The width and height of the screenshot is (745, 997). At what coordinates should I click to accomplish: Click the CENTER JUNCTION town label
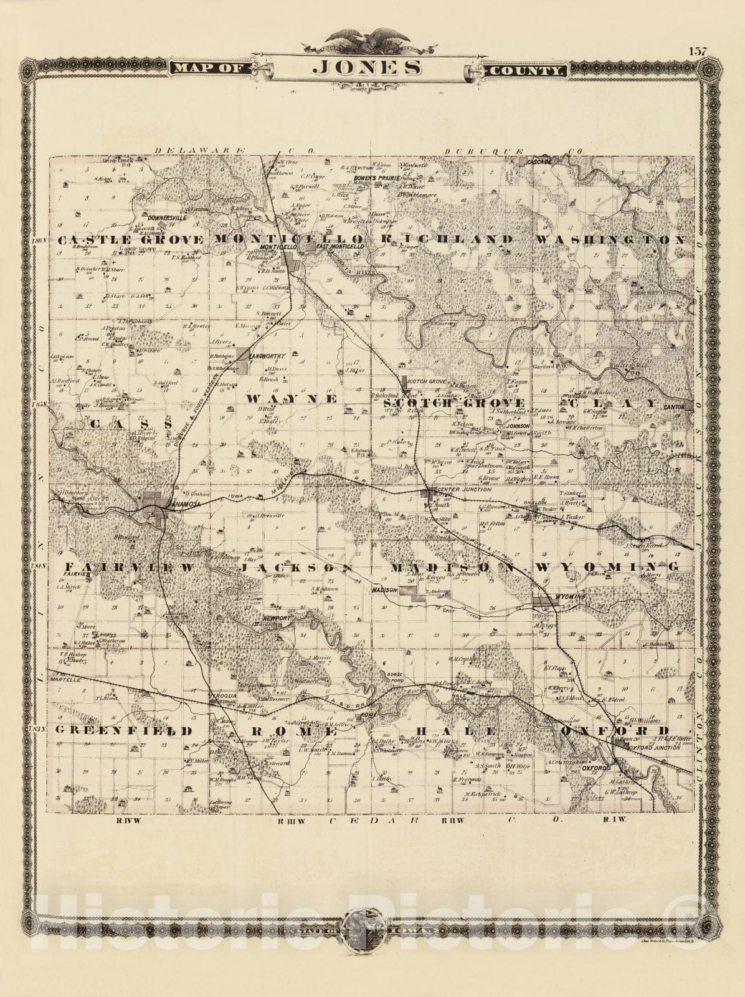coord(464,490)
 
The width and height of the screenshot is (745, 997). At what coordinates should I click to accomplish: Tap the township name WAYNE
coord(292,398)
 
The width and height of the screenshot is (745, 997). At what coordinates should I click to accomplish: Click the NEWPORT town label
coord(277,618)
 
